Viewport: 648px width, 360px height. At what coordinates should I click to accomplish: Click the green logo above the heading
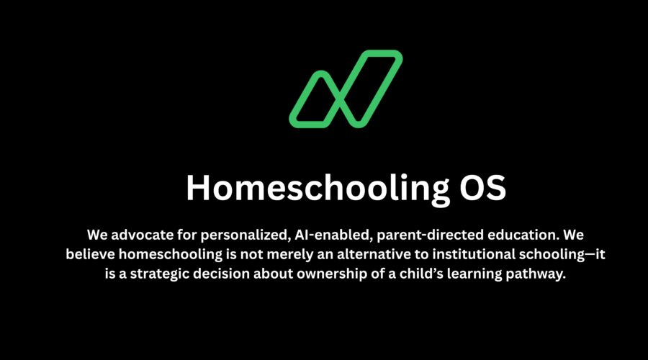[x=346, y=89]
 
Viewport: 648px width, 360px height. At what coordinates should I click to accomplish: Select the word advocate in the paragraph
[x=141, y=235]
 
